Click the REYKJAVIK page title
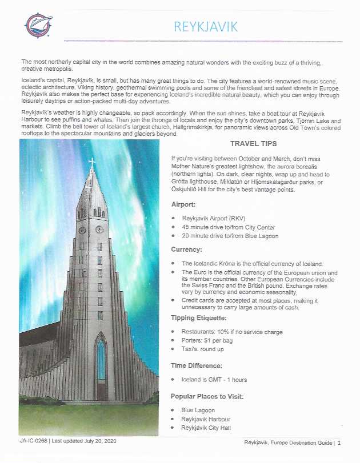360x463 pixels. (205, 26)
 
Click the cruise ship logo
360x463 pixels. (38, 24)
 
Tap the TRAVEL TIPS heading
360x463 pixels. (253, 144)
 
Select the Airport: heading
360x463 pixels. (184, 204)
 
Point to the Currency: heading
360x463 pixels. (187, 249)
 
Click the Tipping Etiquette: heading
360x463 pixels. (199, 318)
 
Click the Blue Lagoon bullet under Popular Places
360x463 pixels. (198, 410)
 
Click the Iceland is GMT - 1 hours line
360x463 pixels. (214, 380)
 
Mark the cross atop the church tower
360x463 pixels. (91, 162)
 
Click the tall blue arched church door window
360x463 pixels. (101, 363)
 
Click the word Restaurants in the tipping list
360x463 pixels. (199, 332)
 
